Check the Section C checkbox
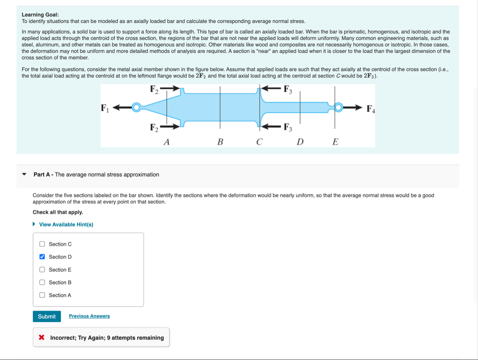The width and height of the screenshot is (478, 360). click(x=42, y=244)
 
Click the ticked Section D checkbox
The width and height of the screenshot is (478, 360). click(x=42, y=257)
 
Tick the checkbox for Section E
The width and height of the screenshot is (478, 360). click(x=42, y=270)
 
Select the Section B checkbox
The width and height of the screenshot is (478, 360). click(x=42, y=282)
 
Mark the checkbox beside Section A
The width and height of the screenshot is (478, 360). click(x=42, y=295)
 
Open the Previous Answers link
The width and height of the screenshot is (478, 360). click(x=89, y=316)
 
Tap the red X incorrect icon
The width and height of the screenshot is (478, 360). click(x=41, y=338)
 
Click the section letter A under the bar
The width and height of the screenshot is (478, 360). click(x=167, y=142)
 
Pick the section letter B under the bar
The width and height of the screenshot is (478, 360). click(x=220, y=142)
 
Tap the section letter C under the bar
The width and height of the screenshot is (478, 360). click(x=259, y=142)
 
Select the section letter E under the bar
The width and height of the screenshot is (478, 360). click(x=335, y=142)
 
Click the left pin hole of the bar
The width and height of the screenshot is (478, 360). click(x=136, y=108)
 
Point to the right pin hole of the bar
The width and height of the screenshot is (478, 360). click(x=338, y=108)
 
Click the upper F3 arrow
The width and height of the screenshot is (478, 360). click(x=272, y=88)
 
